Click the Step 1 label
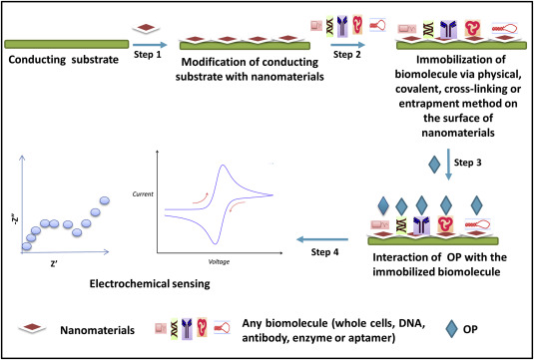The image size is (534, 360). tap(148, 54)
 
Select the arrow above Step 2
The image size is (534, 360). tap(348, 45)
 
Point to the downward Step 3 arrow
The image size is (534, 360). tap(448, 165)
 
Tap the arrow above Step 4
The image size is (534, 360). tap(322, 239)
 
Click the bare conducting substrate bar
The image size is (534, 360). tap(67, 44)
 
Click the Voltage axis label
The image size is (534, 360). tap(218, 261)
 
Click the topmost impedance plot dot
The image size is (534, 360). tap(105, 200)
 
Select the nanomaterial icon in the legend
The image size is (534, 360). tap(32, 327)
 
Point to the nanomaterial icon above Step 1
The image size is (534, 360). tap(146, 28)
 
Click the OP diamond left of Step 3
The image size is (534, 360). tap(434, 165)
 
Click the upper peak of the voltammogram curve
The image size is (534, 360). tap(223, 166)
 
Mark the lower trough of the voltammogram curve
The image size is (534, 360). tap(215, 242)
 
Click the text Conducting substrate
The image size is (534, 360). tap(63, 60)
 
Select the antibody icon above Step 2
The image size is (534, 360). tap(341, 26)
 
